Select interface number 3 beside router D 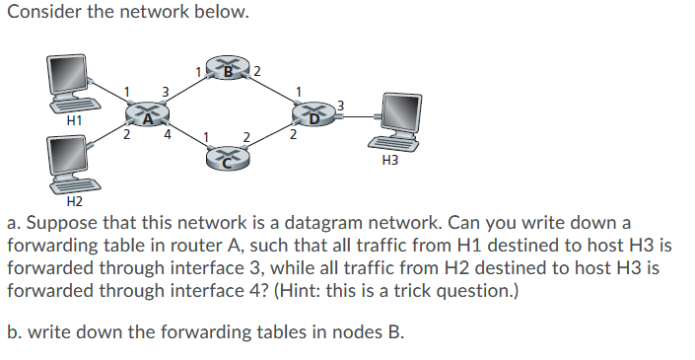(x=341, y=106)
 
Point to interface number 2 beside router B (x=258, y=70)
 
